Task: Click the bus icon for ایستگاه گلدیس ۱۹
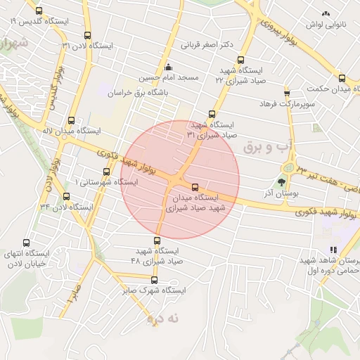[x=38, y=11]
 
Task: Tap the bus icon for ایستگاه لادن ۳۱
[x=87, y=36]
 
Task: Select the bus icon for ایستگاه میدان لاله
[x=70, y=120]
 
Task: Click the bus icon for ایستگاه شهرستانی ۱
[x=106, y=172]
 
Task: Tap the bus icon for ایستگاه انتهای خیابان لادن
[x=27, y=243]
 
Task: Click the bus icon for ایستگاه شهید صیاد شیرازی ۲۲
[x=241, y=60]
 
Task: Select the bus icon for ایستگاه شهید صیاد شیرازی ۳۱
[x=212, y=114]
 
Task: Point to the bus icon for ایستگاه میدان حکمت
[x=342, y=79]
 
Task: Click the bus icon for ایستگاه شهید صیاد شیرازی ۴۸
[x=157, y=241]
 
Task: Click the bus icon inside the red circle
[x=195, y=187]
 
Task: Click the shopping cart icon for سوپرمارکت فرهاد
[x=286, y=94]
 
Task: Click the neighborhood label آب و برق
[x=266, y=147]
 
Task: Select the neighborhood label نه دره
[x=164, y=319]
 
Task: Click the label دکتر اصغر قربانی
[x=207, y=46]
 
